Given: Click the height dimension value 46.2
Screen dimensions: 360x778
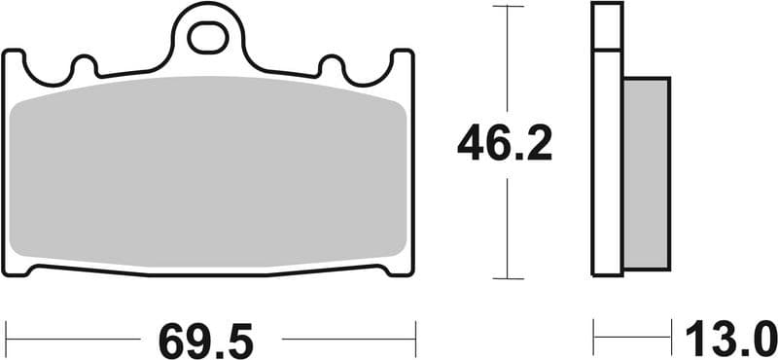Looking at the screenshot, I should (506, 146).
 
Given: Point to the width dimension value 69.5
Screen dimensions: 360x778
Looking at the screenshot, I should (206, 342).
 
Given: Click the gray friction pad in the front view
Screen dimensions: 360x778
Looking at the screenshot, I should (207, 175).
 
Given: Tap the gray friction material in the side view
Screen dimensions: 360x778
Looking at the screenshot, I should (646, 173).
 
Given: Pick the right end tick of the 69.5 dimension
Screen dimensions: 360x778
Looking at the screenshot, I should (415, 337).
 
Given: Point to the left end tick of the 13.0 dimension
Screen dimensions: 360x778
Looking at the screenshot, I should (593, 337).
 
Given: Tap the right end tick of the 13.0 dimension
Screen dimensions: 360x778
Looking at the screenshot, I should (671, 337).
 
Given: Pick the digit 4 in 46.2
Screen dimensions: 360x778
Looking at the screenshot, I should (474, 146).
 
